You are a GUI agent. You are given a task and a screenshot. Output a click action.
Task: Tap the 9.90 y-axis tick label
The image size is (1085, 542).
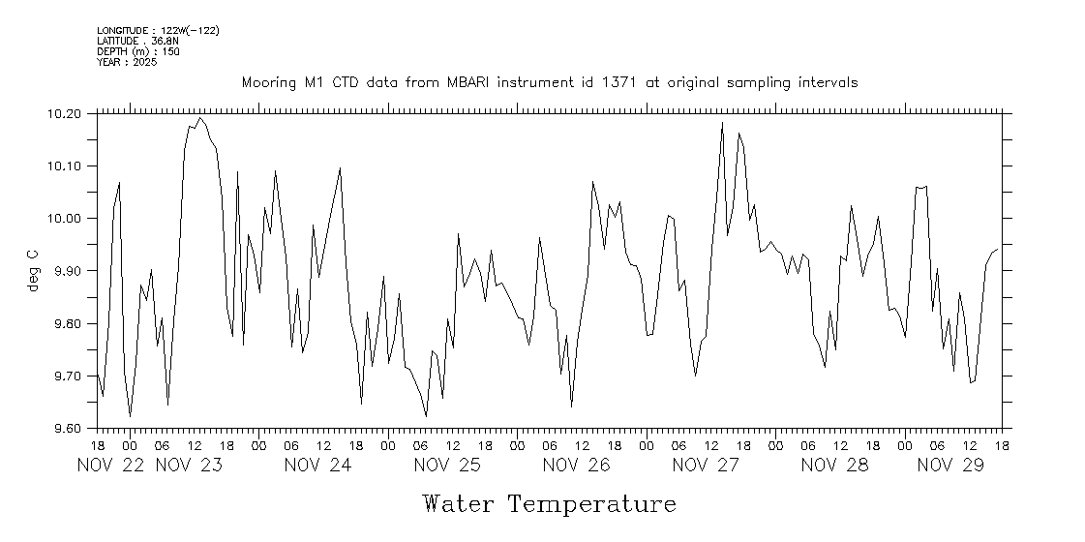tap(65, 270)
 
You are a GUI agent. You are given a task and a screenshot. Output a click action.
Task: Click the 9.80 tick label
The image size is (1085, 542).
tap(65, 323)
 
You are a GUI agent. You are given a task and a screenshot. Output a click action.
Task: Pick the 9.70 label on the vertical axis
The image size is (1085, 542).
tap(65, 376)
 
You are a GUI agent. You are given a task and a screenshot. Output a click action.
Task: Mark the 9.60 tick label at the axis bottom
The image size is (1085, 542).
tap(65, 428)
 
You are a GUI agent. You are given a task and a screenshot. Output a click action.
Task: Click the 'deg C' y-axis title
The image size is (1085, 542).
tap(33, 270)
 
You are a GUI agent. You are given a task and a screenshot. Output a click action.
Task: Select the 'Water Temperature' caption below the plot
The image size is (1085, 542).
tap(549, 504)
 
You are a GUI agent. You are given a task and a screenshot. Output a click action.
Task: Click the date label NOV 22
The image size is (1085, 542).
tap(110, 465)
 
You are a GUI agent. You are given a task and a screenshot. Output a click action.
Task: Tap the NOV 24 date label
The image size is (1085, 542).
tap(317, 465)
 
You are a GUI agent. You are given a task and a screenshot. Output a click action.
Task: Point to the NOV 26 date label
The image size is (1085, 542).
tap(576, 465)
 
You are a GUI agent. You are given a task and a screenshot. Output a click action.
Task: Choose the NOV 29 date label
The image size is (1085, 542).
tap(950, 465)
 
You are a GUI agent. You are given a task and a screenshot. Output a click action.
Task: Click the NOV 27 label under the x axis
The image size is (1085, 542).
tap(706, 465)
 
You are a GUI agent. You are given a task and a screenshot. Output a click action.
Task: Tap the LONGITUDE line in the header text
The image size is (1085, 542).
tap(158, 30)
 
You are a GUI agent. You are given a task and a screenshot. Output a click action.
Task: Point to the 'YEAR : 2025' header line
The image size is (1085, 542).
tap(127, 62)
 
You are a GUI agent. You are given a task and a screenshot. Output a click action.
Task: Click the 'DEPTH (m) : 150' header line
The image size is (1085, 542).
tap(138, 51)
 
